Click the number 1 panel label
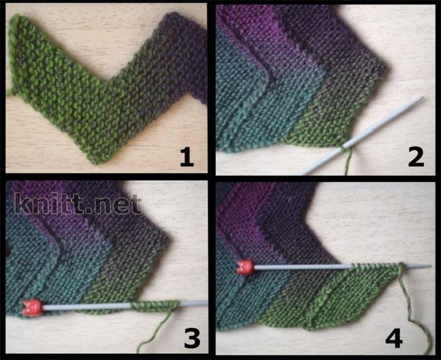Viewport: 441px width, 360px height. click(x=187, y=158)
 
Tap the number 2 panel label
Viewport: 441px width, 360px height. click(x=416, y=158)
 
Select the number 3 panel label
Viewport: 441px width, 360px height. click(x=192, y=339)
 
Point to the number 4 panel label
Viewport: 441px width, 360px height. click(x=394, y=339)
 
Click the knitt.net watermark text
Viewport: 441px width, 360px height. click(x=78, y=204)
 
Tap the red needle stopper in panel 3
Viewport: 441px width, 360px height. click(x=32, y=308)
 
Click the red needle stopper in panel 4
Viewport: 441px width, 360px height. click(x=245, y=267)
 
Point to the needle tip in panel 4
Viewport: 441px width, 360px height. click(x=431, y=266)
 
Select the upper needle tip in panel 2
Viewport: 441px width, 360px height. click(x=422, y=98)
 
